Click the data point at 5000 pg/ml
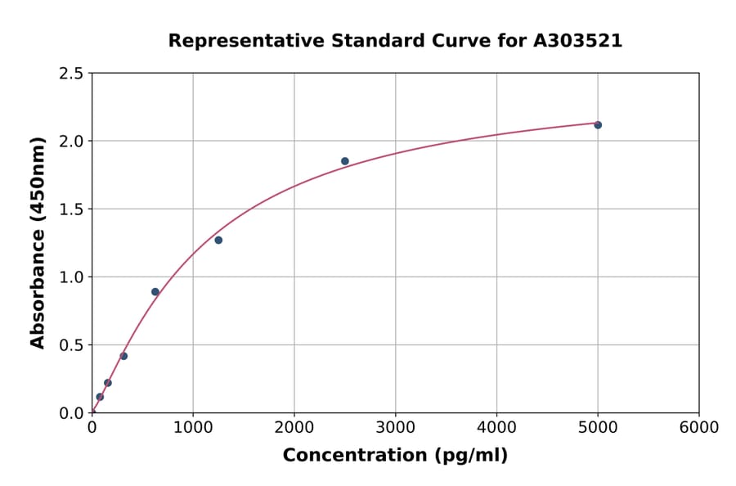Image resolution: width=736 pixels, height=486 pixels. pyautogui.click(x=598, y=125)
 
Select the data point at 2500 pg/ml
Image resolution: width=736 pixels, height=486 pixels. pyautogui.click(x=345, y=161)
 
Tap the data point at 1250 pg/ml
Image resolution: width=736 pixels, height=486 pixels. pyautogui.click(x=218, y=240)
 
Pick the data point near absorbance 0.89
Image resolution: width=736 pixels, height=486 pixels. pyautogui.click(x=155, y=292)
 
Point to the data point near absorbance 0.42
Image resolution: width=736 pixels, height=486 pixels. pyautogui.click(x=123, y=356)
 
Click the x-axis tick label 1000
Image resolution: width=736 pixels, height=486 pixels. pyautogui.click(x=193, y=428)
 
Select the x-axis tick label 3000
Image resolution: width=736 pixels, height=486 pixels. pyautogui.click(x=395, y=428)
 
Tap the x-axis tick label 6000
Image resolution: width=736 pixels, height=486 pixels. pyautogui.click(x=698, y=428)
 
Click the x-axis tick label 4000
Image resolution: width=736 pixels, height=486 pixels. pyautogui.click(x=496, y=428)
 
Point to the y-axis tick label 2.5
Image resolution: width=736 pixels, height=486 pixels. pyautogui.click(x=72, y=74)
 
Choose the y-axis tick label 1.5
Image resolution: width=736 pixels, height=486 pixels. pyautogui.click(x=72, y=209)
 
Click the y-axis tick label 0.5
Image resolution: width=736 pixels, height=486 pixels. pyautogui.click(x=72, y=345)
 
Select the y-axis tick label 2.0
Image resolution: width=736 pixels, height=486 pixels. pyautogui.click(x=72, y=142)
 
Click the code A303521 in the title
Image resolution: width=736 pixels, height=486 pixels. pyautogui.click(x=577, y=41)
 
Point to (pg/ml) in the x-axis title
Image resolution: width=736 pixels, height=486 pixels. pyautogui.click(x=472, y=456)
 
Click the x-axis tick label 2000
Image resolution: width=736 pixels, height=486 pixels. pyautogui.click(x=294, y=428)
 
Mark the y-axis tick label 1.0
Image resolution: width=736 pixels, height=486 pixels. pyautogui.click(x=72, y=277)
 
